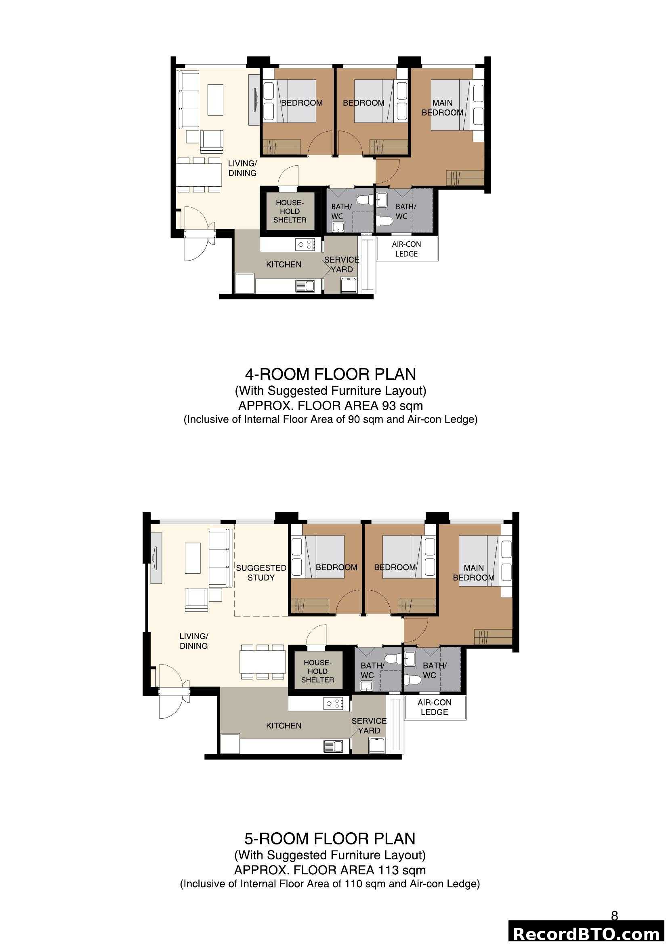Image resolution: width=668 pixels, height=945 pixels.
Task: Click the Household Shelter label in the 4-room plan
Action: (290, 212)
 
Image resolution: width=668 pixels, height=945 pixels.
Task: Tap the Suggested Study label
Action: (261, 572)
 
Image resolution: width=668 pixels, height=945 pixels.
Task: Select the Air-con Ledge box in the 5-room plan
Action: (435, 707)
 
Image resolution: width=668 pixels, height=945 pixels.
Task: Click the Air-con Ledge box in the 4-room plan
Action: (406, 248)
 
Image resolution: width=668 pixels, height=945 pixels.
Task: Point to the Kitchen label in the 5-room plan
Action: (284, 726)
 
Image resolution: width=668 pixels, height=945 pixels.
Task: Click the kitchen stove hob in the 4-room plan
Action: (305, 244)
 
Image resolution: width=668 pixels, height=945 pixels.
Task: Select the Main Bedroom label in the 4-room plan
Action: (442, 107)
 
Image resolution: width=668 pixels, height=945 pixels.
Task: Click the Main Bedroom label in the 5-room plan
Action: (473, 572)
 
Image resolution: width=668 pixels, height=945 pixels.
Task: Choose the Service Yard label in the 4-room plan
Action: (341, 264)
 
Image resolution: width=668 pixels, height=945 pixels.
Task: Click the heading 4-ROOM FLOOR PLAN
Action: (330, 374)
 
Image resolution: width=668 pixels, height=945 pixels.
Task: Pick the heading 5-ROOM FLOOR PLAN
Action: (330, 838)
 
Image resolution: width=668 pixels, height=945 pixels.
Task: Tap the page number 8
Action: (614, 916)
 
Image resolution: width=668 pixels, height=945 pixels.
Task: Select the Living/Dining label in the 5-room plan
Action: (193, 641)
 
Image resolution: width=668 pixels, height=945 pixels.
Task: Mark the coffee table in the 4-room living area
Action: (215, 100)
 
